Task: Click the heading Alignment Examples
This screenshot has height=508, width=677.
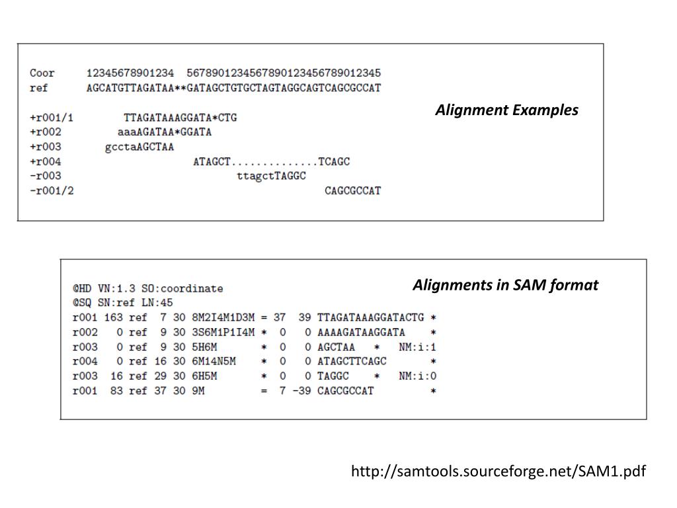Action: click(x=506, y=110)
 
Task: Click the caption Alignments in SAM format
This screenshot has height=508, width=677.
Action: click(x=506, y=285)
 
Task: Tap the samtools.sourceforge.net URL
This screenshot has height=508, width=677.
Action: click(x=498, y=471)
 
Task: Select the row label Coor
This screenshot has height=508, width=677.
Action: click(x=42, y=73)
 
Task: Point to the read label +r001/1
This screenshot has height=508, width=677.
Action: click(x=52, y=118)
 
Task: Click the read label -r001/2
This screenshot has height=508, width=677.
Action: click(x=52, y=191)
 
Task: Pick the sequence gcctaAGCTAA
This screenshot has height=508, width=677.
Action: click(x=139, y=147)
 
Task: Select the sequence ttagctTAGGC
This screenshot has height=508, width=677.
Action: click(x=271, y=177)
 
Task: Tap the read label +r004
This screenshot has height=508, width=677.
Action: click(x=46, y=162)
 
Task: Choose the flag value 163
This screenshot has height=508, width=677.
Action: click(x=114, y=317)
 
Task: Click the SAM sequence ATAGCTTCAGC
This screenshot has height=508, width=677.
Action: click(x=352, y=361)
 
